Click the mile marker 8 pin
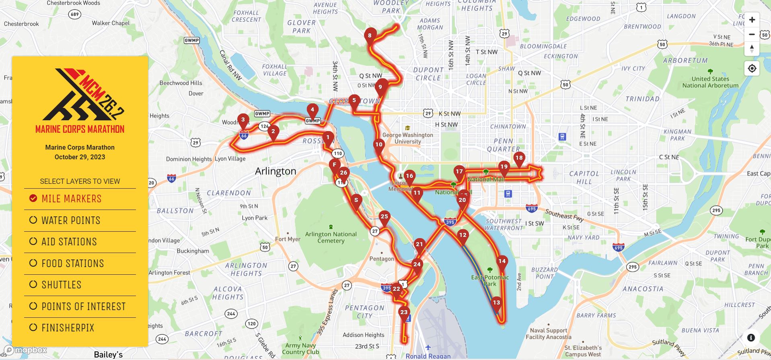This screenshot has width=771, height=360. point(370,35)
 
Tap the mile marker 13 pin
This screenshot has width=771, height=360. point(496,303)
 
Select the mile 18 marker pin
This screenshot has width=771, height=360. point(519,158)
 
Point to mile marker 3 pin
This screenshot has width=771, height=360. point(243,120)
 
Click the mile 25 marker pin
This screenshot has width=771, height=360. point(384,217)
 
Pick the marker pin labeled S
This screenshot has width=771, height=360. point(356,200)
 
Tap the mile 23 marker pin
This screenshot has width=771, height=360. point(404,313)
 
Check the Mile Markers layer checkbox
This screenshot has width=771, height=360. point(33,198)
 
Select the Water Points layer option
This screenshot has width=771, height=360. point(33,220)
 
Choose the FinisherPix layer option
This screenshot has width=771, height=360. point(33,327)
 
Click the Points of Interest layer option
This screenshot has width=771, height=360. point(33,306)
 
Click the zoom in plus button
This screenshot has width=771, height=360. point(752,20)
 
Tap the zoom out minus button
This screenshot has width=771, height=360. point(752,35)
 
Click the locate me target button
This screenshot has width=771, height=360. point(752,69)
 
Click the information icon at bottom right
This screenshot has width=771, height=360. point(751,338)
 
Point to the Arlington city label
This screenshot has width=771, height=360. point(276,171)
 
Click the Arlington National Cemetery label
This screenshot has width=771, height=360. point(331,237)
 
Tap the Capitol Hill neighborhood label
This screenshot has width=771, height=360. point(584,177)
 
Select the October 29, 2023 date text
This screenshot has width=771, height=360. point(80,157)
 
